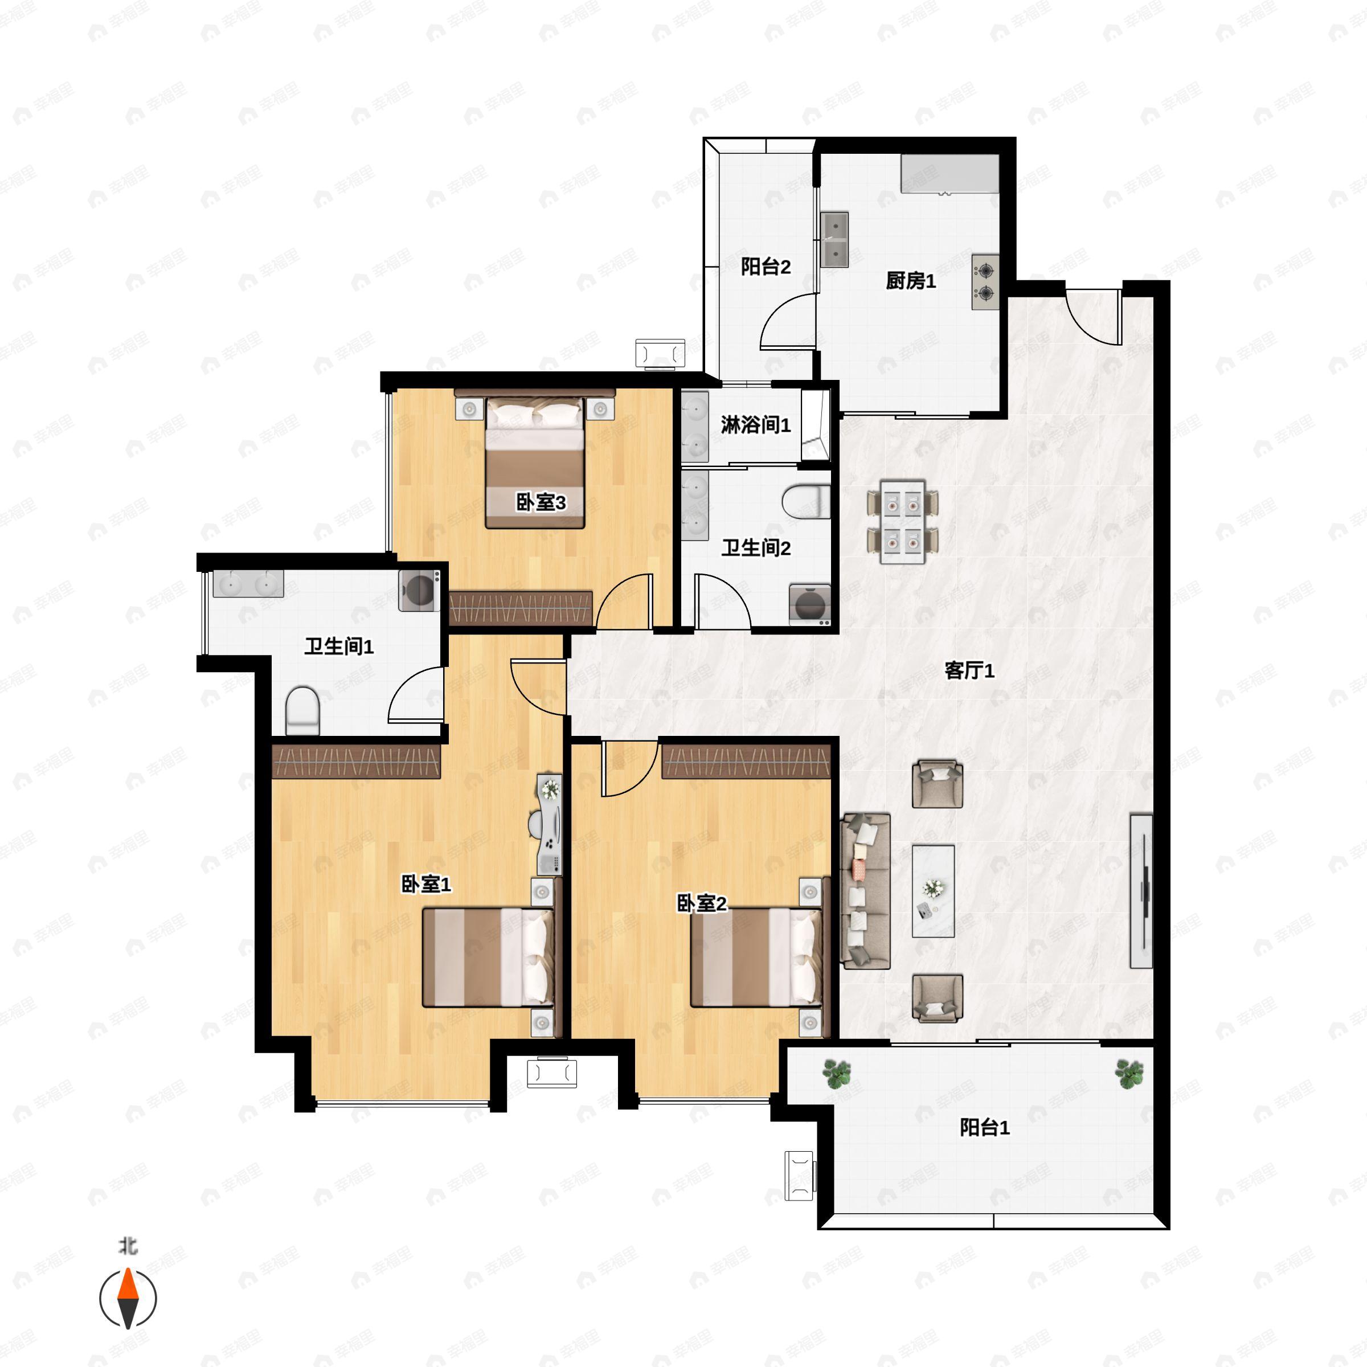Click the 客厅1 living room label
(969, 670)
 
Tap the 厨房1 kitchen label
(911, 281)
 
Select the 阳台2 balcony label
(766, 267)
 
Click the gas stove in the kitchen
(985, 281)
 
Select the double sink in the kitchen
(835, 240)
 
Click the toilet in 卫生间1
(303, 710)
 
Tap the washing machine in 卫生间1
(419, 590)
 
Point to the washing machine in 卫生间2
(810, 605)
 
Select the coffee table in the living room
(934, 891)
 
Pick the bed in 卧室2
(756, 957)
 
